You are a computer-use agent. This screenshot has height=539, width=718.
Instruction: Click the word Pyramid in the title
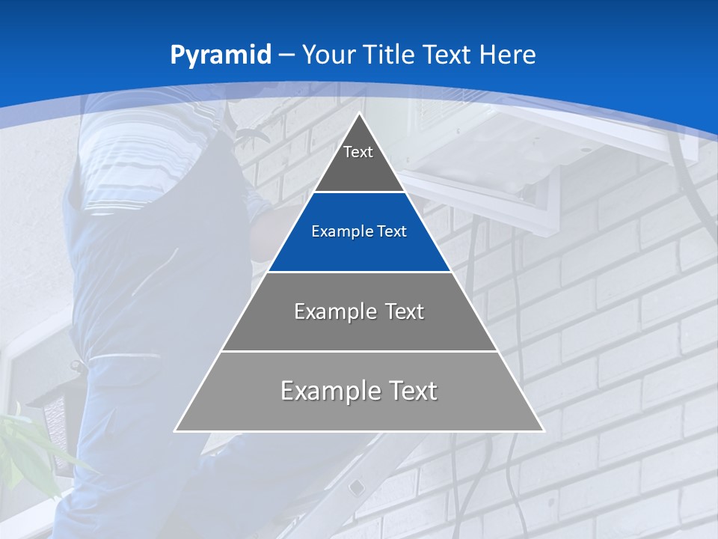[221, 55]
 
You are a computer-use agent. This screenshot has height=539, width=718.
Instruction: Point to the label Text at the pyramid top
[358, 152]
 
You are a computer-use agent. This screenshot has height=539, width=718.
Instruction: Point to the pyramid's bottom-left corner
[175, 430]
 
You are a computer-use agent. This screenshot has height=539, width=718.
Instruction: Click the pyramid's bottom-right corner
[544, 430]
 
